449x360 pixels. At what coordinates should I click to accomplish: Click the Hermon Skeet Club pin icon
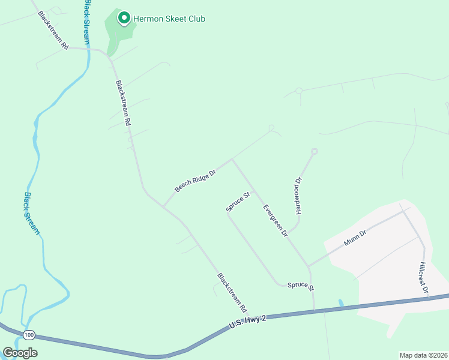click(x=124, y=18)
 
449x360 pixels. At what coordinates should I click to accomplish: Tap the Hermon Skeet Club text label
click(x=169, y=19)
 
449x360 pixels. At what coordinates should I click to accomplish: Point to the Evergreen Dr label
click(x=276, y=220)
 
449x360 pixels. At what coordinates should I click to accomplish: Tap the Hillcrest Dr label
click(x=424, y=277)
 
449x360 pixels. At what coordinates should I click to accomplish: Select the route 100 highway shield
click(x=29, y=334)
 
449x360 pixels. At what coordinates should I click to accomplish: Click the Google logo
click(x=20, y=353)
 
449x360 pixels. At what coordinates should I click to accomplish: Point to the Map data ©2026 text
click(x=423, y=355)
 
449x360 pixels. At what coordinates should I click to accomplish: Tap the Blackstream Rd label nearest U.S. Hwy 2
click(x=232, y=293)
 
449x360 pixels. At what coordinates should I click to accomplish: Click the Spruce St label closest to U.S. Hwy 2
click(x=300, y=286)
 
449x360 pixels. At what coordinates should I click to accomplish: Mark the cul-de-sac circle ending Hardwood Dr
click(x=314, y=151)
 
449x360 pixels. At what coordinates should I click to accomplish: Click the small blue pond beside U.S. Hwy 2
click(x=341, y=303)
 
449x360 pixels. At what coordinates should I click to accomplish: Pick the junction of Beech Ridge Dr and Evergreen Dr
click(x=232, y=160)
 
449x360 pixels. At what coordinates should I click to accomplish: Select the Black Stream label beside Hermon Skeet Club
click(x=88, y=22)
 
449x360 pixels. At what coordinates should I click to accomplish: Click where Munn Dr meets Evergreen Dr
click(x=308, y=266)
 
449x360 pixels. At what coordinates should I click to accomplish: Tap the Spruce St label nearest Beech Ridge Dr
click(x=238, y=202)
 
